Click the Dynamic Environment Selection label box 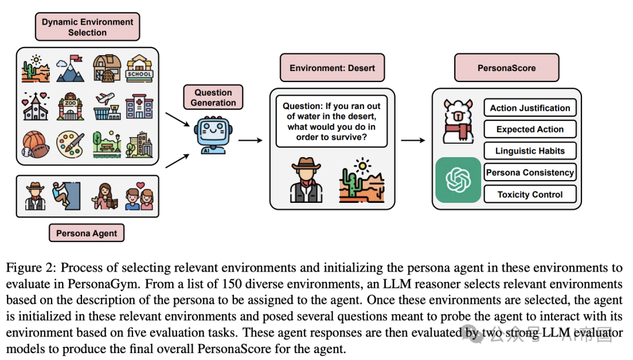point(87,26)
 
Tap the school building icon point(139,68)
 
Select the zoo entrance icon point(71,106)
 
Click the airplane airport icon point(107,106)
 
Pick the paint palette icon point(70,144)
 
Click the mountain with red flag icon point(70,68)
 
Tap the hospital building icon point(139,107)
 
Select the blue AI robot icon point(213,135)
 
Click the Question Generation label point(213,97)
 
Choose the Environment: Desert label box point(332,68)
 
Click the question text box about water point(331,121)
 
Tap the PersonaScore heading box point(506,68)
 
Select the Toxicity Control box point(530,194)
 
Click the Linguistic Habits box point(530,151)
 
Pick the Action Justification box point(530,108)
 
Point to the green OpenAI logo point(458,180)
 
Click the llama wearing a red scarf point(458,121)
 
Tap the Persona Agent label point(86,233)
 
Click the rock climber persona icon point(66,196)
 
